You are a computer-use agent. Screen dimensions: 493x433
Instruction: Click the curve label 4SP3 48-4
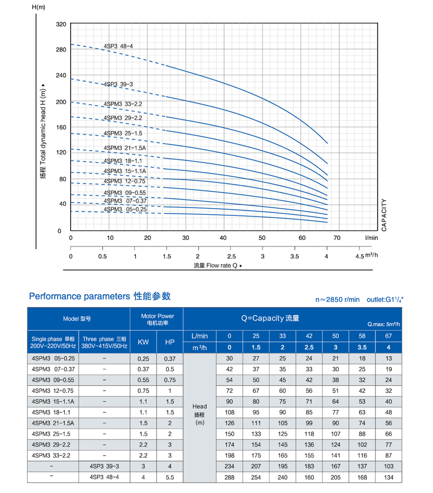pos(118,46)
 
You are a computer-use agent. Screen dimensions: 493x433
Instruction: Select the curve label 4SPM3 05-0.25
pos(125,209)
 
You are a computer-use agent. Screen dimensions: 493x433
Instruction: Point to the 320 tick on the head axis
pos(61,25)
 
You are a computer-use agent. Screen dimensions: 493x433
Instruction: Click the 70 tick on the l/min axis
pos(337,238)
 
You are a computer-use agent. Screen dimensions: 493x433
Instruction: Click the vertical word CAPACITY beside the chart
pos(384,215)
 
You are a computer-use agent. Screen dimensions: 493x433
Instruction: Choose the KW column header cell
pos(143,342)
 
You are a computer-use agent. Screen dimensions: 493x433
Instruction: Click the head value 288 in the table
pos(230,477)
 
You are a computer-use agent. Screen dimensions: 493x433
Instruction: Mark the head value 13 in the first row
pos(389,358)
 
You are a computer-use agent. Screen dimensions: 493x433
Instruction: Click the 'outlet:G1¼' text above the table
pos(387,299)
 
